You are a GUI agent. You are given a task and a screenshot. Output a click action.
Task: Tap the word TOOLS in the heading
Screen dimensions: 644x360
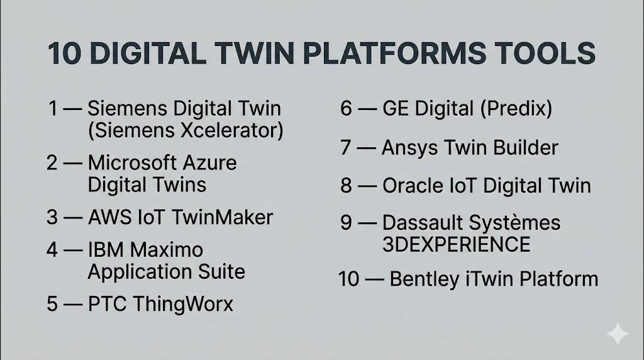[x=541, y=53]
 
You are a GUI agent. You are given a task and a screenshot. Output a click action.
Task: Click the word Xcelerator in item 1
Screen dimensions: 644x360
[x=232, y=131]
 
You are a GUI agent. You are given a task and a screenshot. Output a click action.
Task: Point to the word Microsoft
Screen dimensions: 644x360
[x=132, y=163]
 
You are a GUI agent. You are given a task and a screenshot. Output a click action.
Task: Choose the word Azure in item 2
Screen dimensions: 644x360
[x=209, y=163]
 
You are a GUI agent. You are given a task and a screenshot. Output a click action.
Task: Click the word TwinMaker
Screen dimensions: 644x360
[x=222, y=217]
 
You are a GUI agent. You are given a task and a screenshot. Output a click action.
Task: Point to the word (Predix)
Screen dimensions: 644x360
[x=516, y=108]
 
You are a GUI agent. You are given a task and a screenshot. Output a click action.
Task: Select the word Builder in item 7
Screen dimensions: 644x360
[x=526, y=147]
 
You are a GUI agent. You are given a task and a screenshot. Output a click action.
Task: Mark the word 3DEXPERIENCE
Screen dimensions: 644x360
[x=457, y=245]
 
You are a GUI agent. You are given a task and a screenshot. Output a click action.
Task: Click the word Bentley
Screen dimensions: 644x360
[x=425, y=279]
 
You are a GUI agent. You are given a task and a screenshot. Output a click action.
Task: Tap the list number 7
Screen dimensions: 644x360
[x=345, y=147]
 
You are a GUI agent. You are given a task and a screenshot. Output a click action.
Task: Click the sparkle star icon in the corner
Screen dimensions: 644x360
[x=618, y=334]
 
